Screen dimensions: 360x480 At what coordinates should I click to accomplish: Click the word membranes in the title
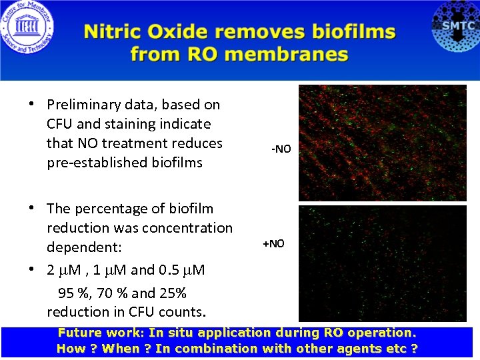(x=288, y=54)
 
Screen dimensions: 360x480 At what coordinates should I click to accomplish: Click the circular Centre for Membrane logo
(x=27, y=29)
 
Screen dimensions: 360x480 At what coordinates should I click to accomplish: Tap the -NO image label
(x=281, y=149)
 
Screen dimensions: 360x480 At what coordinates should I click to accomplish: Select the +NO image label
(x=273, y=243)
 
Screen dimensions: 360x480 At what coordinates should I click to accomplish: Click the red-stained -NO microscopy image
(x=382, y=143)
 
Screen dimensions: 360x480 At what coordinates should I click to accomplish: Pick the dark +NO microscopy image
(x=382, y=264)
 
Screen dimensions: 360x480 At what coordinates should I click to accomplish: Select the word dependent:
(x=84, y=247)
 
